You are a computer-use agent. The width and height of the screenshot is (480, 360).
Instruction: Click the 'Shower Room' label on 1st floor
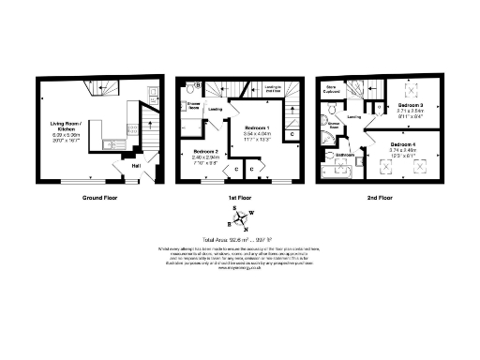click(x=194, y=108)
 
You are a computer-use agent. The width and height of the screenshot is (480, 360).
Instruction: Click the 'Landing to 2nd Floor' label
click(x=275, y=87)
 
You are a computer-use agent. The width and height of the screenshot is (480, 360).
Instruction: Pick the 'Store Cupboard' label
click(x=331, y=90)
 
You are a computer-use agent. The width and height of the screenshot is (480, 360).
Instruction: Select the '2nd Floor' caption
click(x=381, y=198)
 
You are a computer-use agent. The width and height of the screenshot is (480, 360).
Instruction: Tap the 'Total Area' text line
click(x=240, y=240)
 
